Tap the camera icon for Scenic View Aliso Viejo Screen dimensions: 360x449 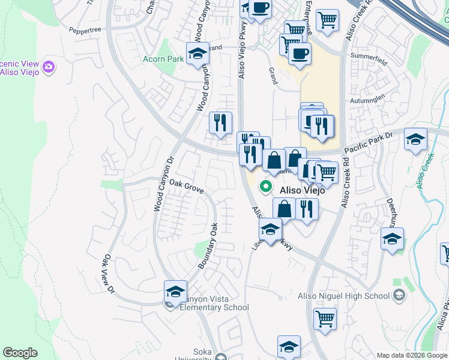point(50,67)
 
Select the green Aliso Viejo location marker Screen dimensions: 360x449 point(265,188)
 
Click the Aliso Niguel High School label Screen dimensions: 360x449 point(344,295)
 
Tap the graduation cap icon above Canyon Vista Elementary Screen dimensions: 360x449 point(175,292)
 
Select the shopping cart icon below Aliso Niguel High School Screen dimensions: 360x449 point(325,319)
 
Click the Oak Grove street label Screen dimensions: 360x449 point(187,186)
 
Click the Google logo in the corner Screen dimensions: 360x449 point(20,353)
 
